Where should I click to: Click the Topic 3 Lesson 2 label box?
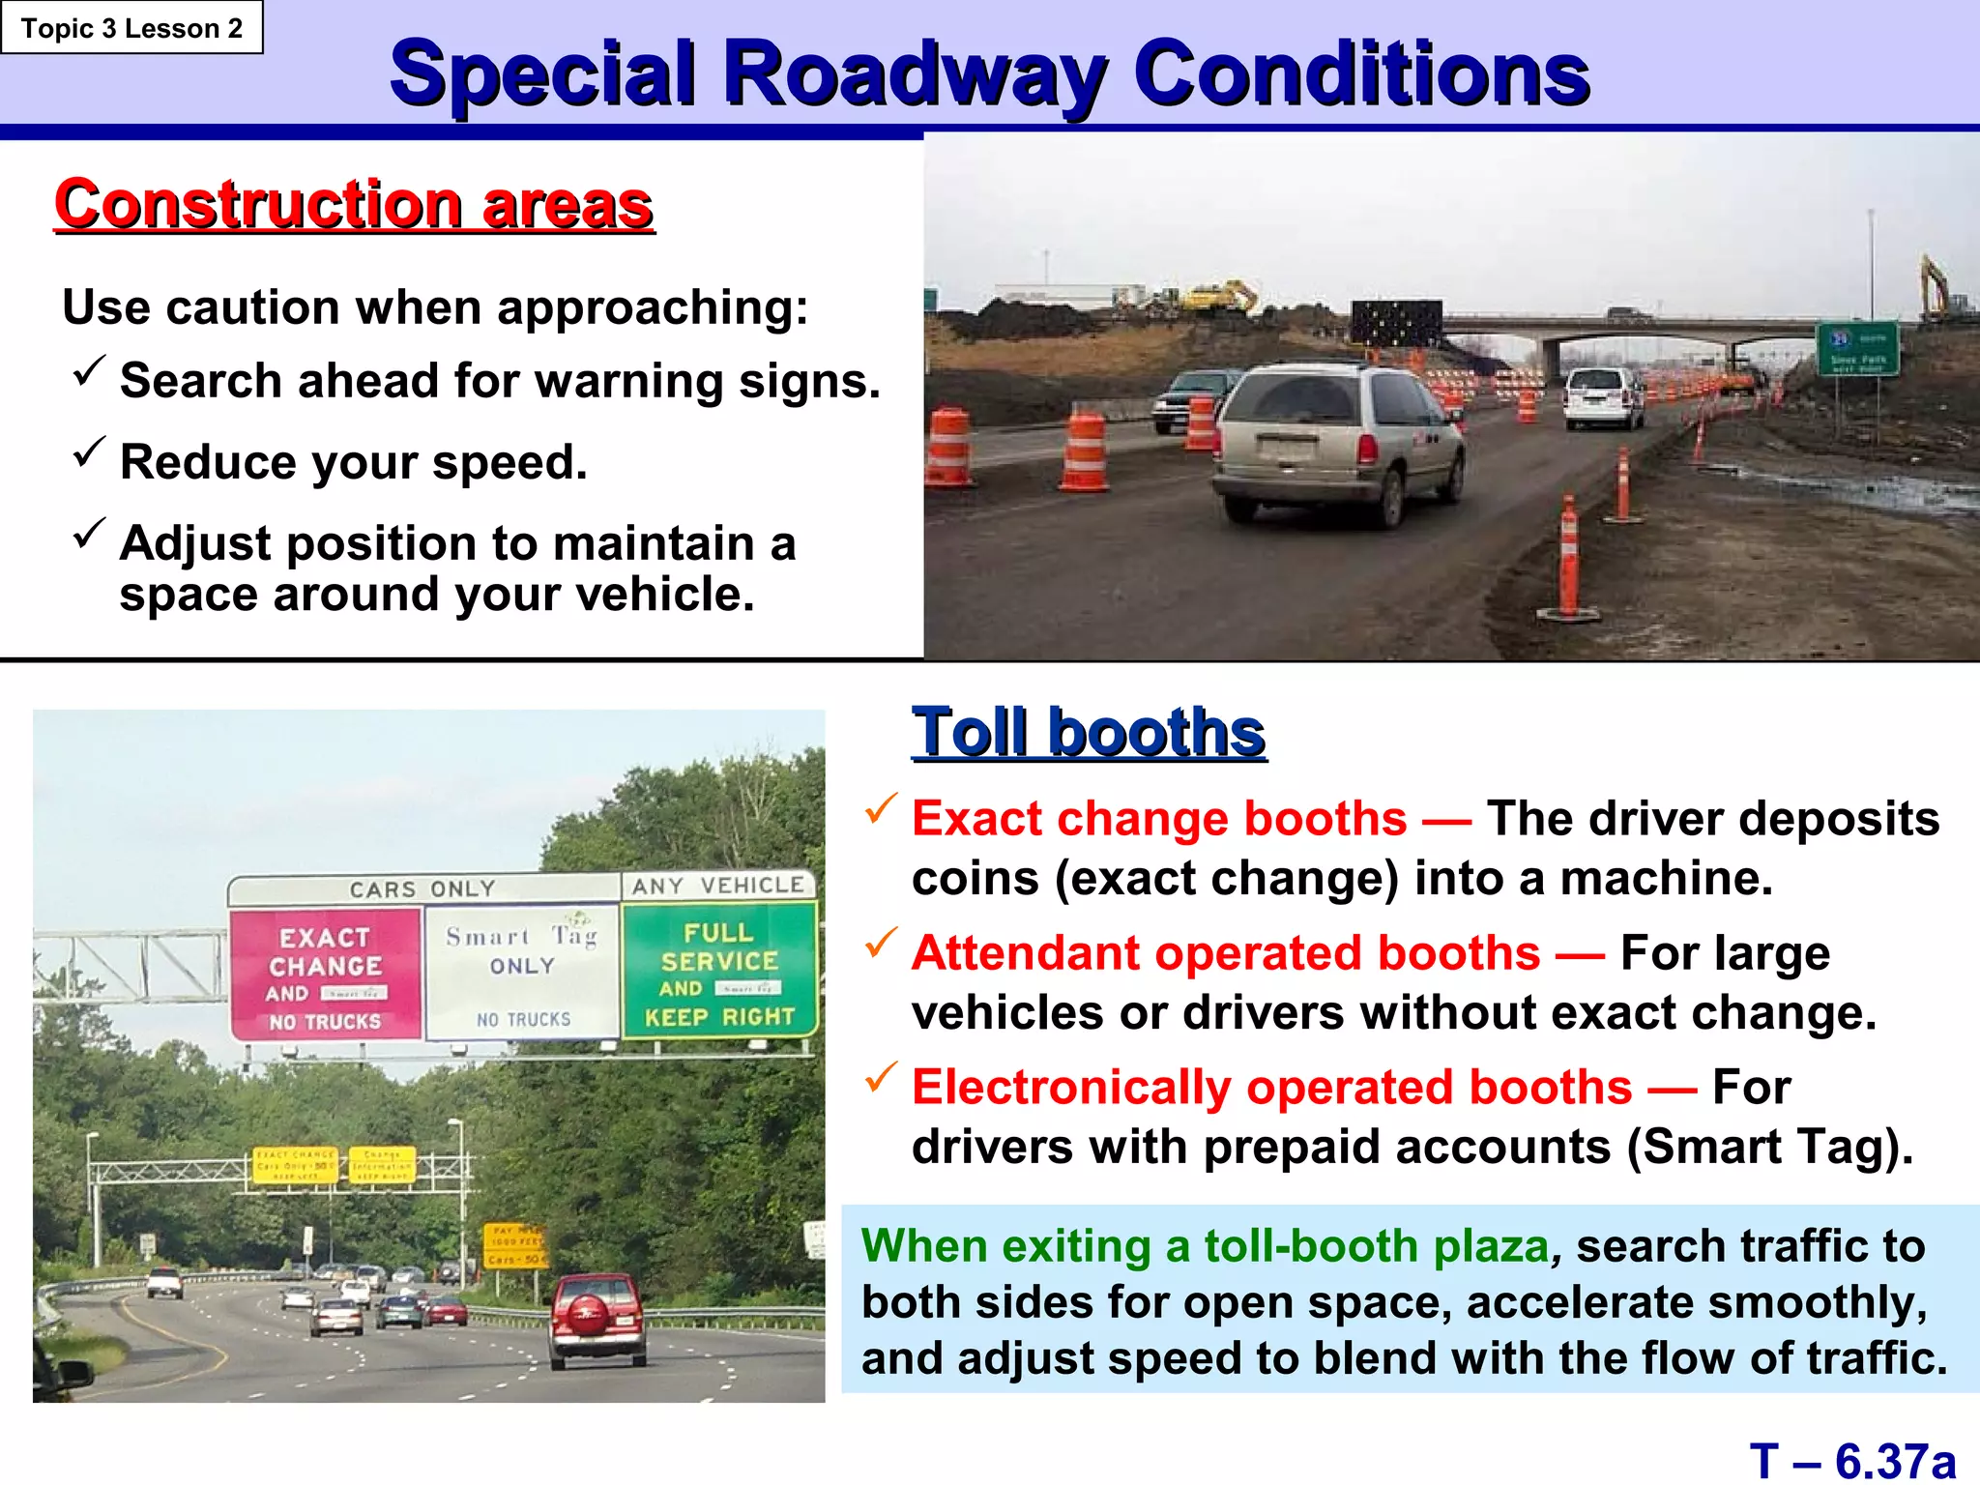point(131,28)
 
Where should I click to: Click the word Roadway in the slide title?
point(914,75)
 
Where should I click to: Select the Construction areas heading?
point(354,205)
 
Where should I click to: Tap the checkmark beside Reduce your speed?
point(89,451)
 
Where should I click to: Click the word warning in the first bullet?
point(629,381)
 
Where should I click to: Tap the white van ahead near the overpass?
point(1601,397)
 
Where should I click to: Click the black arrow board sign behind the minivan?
point(1396,322)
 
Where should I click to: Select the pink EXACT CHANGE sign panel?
point(326,975)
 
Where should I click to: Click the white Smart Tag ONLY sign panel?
point(522,972)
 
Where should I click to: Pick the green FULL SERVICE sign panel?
point(719,971)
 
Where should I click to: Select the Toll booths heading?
point(1089,732)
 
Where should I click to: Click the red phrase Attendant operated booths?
point(1225,953)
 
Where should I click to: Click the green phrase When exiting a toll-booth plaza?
point(1205,1246)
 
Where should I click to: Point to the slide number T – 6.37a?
point(1851,1461)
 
